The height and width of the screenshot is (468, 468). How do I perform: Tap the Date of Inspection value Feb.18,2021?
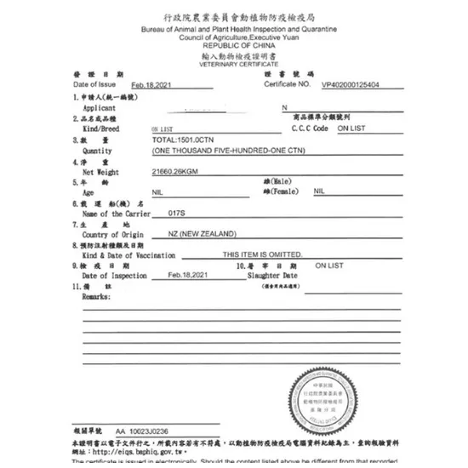[187, 276]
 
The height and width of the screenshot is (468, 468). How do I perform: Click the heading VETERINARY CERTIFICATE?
[238, 64]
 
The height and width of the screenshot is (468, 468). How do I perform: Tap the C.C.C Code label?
[309, 128]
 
